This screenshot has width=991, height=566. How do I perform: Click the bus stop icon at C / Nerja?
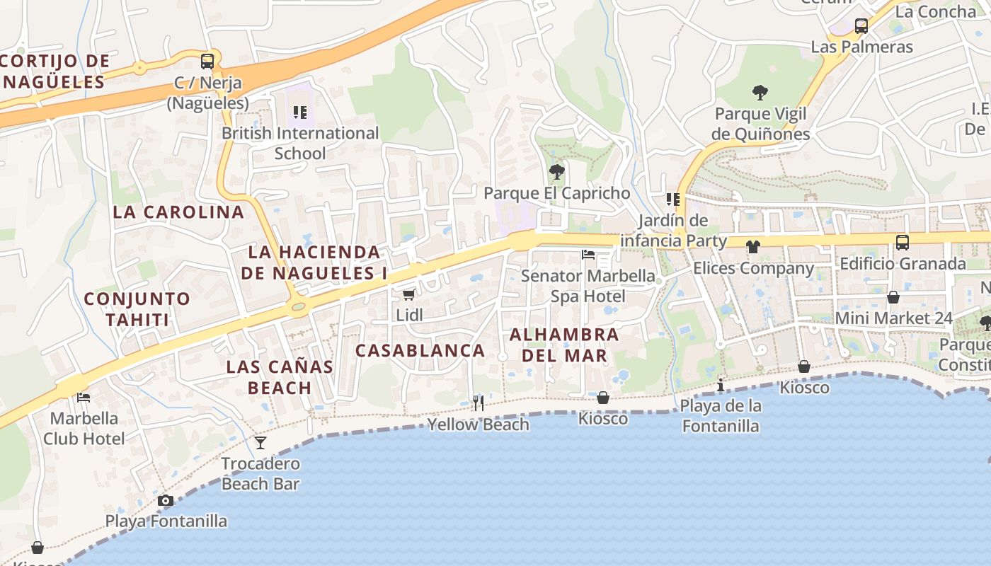(207, 62)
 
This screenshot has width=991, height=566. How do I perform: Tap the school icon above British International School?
(299, 112)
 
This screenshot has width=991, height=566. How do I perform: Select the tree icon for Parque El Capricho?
(557, 171)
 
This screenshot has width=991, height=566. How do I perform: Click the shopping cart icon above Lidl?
(408, 294)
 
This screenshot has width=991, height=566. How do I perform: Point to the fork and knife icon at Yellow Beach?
(479, 403)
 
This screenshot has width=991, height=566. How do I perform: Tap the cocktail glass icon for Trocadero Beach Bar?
(260, 443)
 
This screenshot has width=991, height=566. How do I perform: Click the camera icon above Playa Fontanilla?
(166, 501)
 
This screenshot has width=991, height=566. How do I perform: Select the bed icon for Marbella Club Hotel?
(84, 398)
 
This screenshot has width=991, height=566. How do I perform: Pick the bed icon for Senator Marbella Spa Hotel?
(588, 255)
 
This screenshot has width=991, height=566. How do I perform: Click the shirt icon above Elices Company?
(752, 247)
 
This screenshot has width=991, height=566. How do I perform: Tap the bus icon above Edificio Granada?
(903, 243)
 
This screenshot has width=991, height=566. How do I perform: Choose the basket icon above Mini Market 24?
(893, 297)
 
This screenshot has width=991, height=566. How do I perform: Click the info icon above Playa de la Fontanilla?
(721, 385)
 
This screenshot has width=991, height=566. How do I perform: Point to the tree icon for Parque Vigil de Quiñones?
(760, 92)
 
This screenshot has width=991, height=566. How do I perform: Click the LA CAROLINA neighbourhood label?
(178, 212)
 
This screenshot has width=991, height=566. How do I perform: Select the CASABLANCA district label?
(420, 350)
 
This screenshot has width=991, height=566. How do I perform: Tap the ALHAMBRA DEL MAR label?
(564, 345)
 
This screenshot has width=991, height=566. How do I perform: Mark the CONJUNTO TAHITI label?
(137, 309)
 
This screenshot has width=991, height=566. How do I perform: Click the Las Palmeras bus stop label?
(861, 47)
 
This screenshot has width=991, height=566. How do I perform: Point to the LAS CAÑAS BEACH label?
(280, 377)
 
